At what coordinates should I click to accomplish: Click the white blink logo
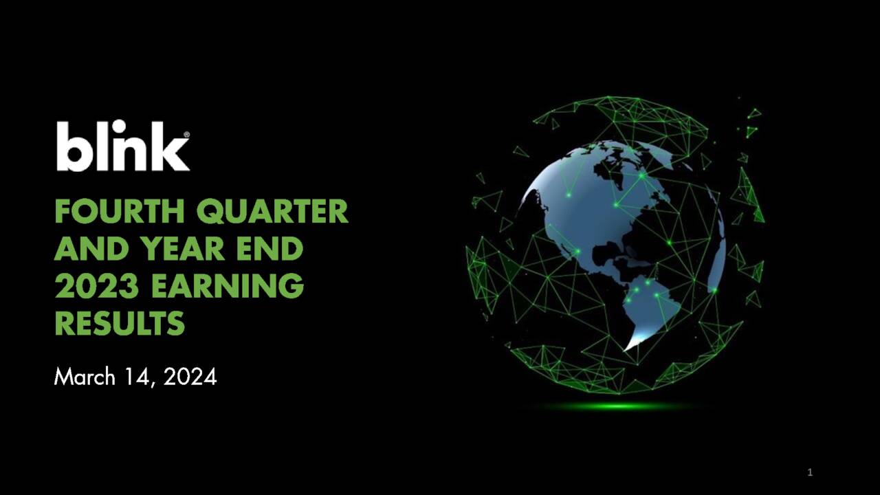122,146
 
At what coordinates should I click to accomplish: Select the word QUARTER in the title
272,212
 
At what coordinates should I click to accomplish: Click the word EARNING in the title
228,286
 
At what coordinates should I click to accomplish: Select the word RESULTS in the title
120,323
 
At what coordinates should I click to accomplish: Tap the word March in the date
85,377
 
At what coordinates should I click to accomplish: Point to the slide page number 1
810,472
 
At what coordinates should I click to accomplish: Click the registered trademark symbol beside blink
186,135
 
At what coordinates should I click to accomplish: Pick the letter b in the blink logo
72,146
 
